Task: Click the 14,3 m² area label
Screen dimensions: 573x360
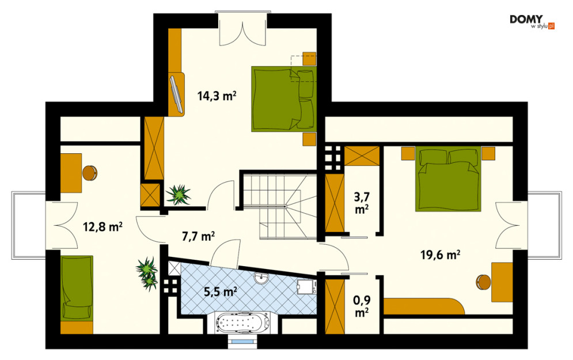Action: (217, 96)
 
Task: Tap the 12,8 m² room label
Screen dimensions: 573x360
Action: (103, 227)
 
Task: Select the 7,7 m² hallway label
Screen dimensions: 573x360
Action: (198, 237)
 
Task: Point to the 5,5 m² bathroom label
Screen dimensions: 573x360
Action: (221, 292)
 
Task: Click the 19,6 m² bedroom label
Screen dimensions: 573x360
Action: (440, 255)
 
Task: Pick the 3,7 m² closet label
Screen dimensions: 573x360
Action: (362, 203)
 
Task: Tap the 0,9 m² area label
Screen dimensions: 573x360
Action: (362, 306)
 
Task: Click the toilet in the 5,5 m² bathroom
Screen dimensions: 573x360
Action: (305, 286)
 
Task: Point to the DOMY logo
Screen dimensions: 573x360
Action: (532, 21)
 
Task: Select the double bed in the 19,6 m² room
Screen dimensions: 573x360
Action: (448, 179)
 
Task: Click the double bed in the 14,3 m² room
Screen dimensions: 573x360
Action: (283, 98)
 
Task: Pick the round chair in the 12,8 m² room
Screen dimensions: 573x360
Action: (89, 173)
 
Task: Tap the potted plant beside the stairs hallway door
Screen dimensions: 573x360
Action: (179, 195)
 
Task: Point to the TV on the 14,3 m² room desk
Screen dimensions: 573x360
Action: (176, 93)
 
